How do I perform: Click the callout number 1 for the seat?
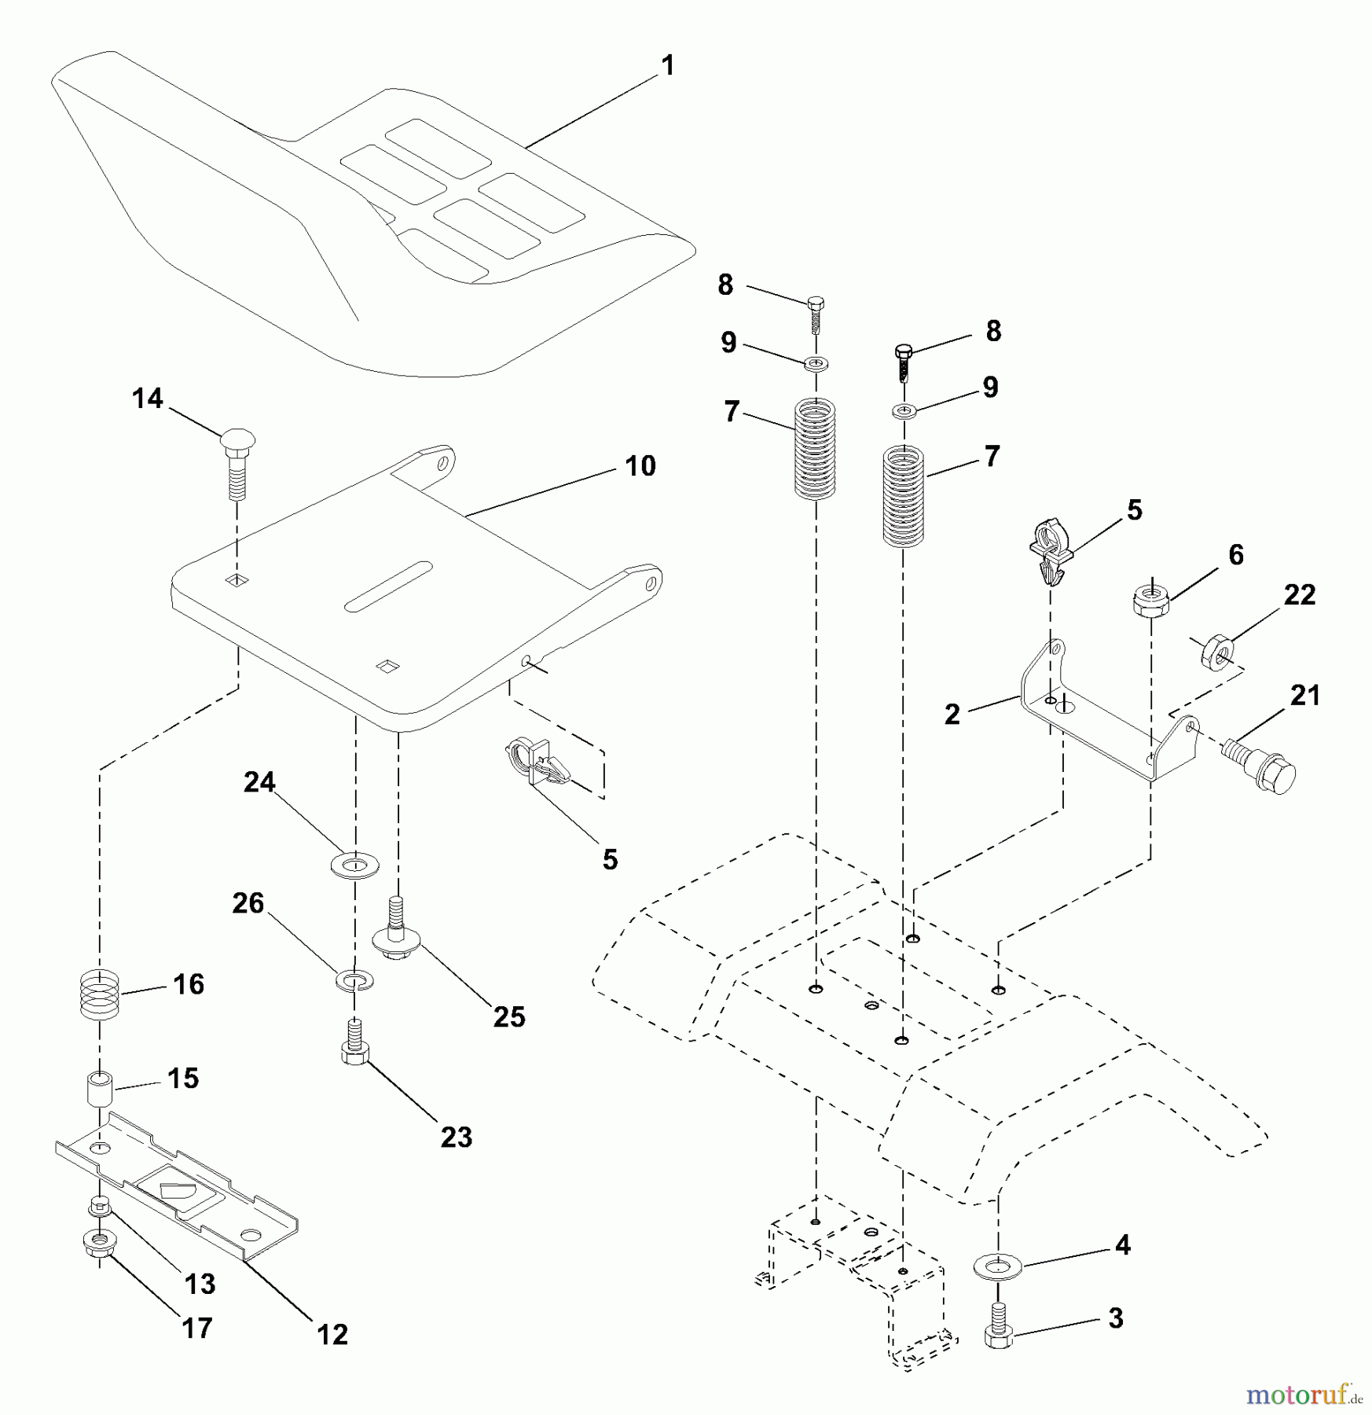click(668, 66)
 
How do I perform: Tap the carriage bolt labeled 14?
click(237, 464)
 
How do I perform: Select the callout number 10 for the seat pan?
click(640, 466)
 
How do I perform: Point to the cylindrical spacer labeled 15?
click(99, 1088)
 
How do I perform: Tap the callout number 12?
click(332, 1334)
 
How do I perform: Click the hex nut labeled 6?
click(1150, 601)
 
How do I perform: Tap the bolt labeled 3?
click(998, 1326)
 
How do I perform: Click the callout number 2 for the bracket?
click(952, 715)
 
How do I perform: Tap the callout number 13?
click(200, 1284)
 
